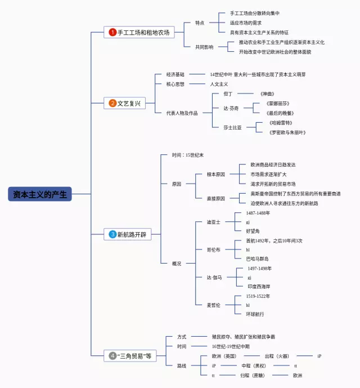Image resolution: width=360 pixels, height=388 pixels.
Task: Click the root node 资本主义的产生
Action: tap(40, 194)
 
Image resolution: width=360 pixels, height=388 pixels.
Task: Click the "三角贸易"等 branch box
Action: tap(130, 356)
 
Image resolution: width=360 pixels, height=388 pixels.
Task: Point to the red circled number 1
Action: tap(112, 32)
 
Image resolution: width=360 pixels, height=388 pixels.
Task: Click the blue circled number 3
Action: tap(112, 234)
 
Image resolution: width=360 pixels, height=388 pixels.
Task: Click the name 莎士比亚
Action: tap(233, 127)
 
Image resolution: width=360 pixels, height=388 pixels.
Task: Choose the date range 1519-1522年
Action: tap(258, 296)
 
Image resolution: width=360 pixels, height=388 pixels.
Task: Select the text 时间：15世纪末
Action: tap(188, 155)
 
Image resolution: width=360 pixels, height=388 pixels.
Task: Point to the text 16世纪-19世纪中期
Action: tap(231, 346)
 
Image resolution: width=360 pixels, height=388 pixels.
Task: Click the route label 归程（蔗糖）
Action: tap(252, 375)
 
